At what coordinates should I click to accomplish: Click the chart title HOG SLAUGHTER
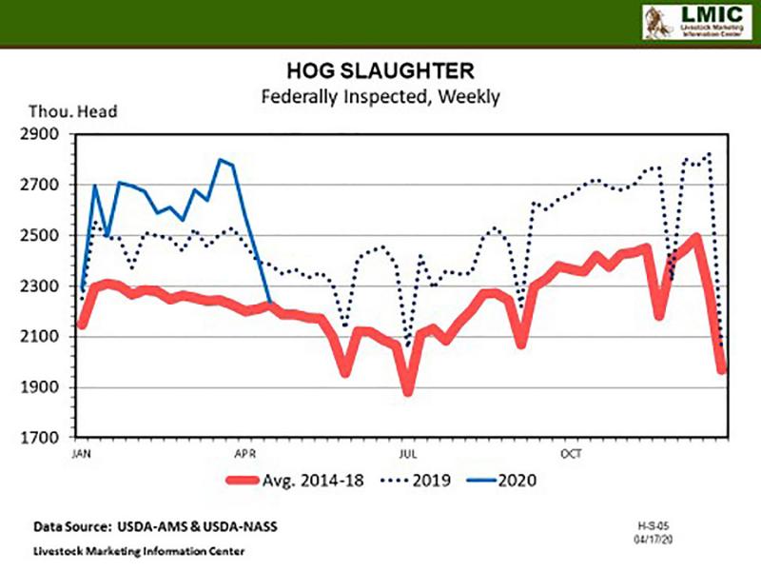coord(380,72)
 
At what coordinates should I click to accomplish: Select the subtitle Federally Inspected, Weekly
coord(380,95)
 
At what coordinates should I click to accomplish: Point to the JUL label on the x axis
coord(408,454)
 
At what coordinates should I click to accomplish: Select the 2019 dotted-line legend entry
coord(442,480)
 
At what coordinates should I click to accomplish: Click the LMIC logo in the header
coord(693,21)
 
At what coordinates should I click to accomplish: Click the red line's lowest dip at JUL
coord(409,389)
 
